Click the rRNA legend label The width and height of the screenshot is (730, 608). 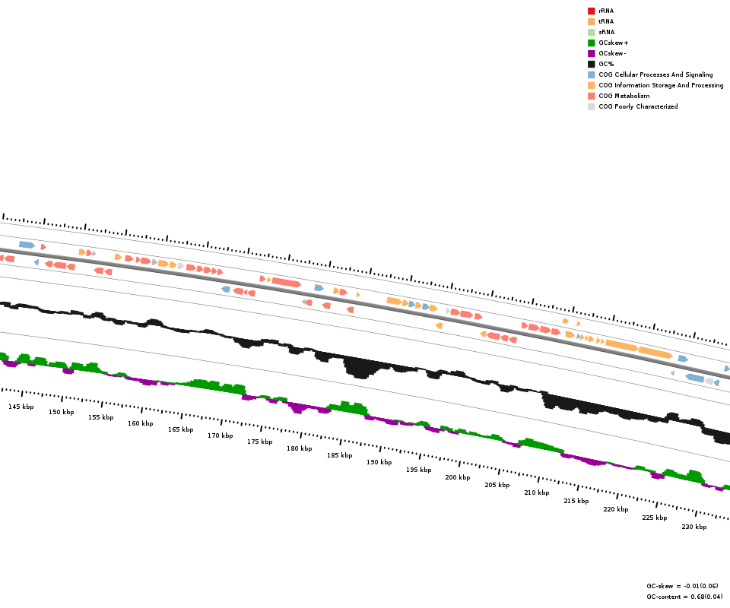click(x=606, y=11)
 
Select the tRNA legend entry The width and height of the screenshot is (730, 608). click(x=606, y=21)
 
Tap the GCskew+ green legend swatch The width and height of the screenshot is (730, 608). click(x=591, y=43)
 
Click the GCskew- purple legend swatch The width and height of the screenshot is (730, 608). click(x=591, y=53)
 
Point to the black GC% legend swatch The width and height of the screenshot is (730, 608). click(x=591, y=64)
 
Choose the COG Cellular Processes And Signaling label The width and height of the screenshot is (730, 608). click(x=655, y=74)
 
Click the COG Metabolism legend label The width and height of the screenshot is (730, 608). click(x=624, y=96)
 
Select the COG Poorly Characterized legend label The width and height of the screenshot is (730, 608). click(x=638, y=106)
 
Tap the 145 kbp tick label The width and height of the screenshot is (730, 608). click(x=21, y=407)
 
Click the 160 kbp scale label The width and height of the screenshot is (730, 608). click(x=140, y=423)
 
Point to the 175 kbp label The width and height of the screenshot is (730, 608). click(x=259, y=442)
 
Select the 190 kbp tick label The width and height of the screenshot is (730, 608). click(x=379, y=462)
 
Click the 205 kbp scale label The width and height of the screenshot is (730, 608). click(x=497, y=484)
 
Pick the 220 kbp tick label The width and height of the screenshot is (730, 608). click(x=616, y=509)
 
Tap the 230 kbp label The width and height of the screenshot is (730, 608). click(x=693, y=527)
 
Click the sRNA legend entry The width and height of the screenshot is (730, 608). click(x=606, y=32)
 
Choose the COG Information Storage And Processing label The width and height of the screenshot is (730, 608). click(x=661, y=85)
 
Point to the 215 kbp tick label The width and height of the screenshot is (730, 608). click(x=576, y=501)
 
